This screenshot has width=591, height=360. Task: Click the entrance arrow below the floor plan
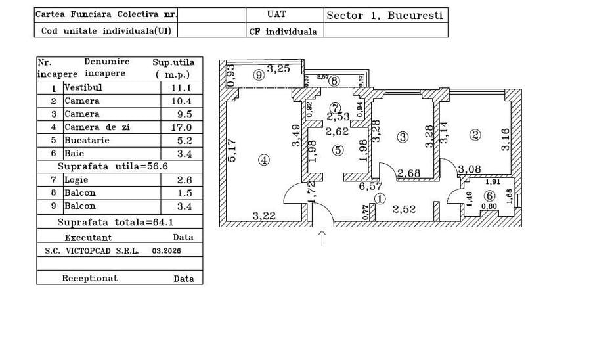(x=322, y=238)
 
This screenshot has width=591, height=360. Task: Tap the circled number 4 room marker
(x=264, y=160)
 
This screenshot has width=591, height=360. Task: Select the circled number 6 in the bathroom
(x=489, y=196)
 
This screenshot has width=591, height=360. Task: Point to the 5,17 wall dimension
(x=232, y=150)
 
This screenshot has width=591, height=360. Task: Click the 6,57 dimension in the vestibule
(x=370, y=186)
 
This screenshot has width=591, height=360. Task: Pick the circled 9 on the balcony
(x=259, y=75)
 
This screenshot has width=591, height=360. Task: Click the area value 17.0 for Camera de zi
(x=181, y=127)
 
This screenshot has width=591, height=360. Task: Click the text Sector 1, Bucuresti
(x=384, y=16)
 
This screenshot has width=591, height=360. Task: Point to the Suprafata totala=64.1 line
(x=116, y=222)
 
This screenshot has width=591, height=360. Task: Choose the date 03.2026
(x=166, y=251)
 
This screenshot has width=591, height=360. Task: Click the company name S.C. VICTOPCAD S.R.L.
(x=92, y=251)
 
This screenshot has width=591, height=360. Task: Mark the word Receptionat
(x=90, y=278)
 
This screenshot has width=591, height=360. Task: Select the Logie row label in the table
(x=76, y=180)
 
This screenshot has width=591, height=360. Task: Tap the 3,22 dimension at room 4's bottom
(x=264, y=216)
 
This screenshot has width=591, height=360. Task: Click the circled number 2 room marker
(x=475, y=135)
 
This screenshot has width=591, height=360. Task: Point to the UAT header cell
(x=276, y=14)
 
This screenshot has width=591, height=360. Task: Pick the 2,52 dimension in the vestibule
(x=404, y=209)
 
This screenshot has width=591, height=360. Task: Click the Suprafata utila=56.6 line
(x=113, y=166)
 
